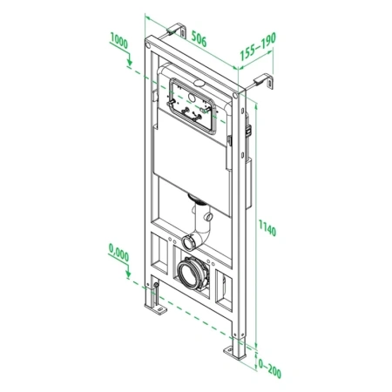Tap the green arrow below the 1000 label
(x=129, y=59)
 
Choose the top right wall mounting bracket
(x=260, y=84)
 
